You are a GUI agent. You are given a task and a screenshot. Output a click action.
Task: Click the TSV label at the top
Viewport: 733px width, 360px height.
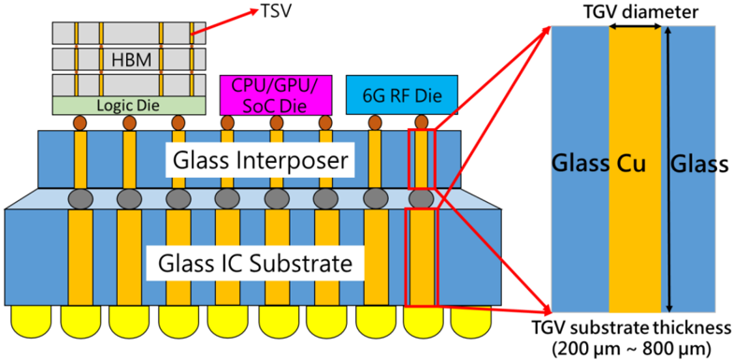click(275, 9)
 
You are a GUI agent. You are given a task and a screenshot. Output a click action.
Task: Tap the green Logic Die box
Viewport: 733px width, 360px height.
click(129, 106)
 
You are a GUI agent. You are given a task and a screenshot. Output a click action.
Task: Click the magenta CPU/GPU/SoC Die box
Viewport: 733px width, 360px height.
click(276, 95)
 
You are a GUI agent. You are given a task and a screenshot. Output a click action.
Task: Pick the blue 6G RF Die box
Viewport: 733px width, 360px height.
click(402, 95)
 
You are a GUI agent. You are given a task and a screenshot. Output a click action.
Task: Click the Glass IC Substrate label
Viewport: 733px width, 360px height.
click(254, 264)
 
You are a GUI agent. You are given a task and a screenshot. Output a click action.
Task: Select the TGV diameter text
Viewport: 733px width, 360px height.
click(634, 12)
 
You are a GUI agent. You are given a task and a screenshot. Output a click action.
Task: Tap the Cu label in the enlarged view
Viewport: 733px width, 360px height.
click(635, 165)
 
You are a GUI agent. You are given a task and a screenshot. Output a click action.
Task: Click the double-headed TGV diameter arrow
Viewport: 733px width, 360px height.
click(635, 28)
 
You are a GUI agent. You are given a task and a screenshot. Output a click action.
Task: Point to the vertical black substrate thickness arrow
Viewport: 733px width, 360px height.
click(669, 168)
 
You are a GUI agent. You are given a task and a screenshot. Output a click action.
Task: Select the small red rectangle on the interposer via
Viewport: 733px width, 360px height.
click(421, 158)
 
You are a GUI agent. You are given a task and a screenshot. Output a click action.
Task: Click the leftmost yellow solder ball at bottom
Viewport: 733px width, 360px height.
click(31, 322)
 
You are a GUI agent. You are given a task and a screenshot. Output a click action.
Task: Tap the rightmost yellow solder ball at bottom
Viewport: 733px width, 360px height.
click(471, 322)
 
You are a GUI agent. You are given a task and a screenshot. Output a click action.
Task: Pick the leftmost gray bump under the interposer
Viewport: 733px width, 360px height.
click(80, 200)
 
